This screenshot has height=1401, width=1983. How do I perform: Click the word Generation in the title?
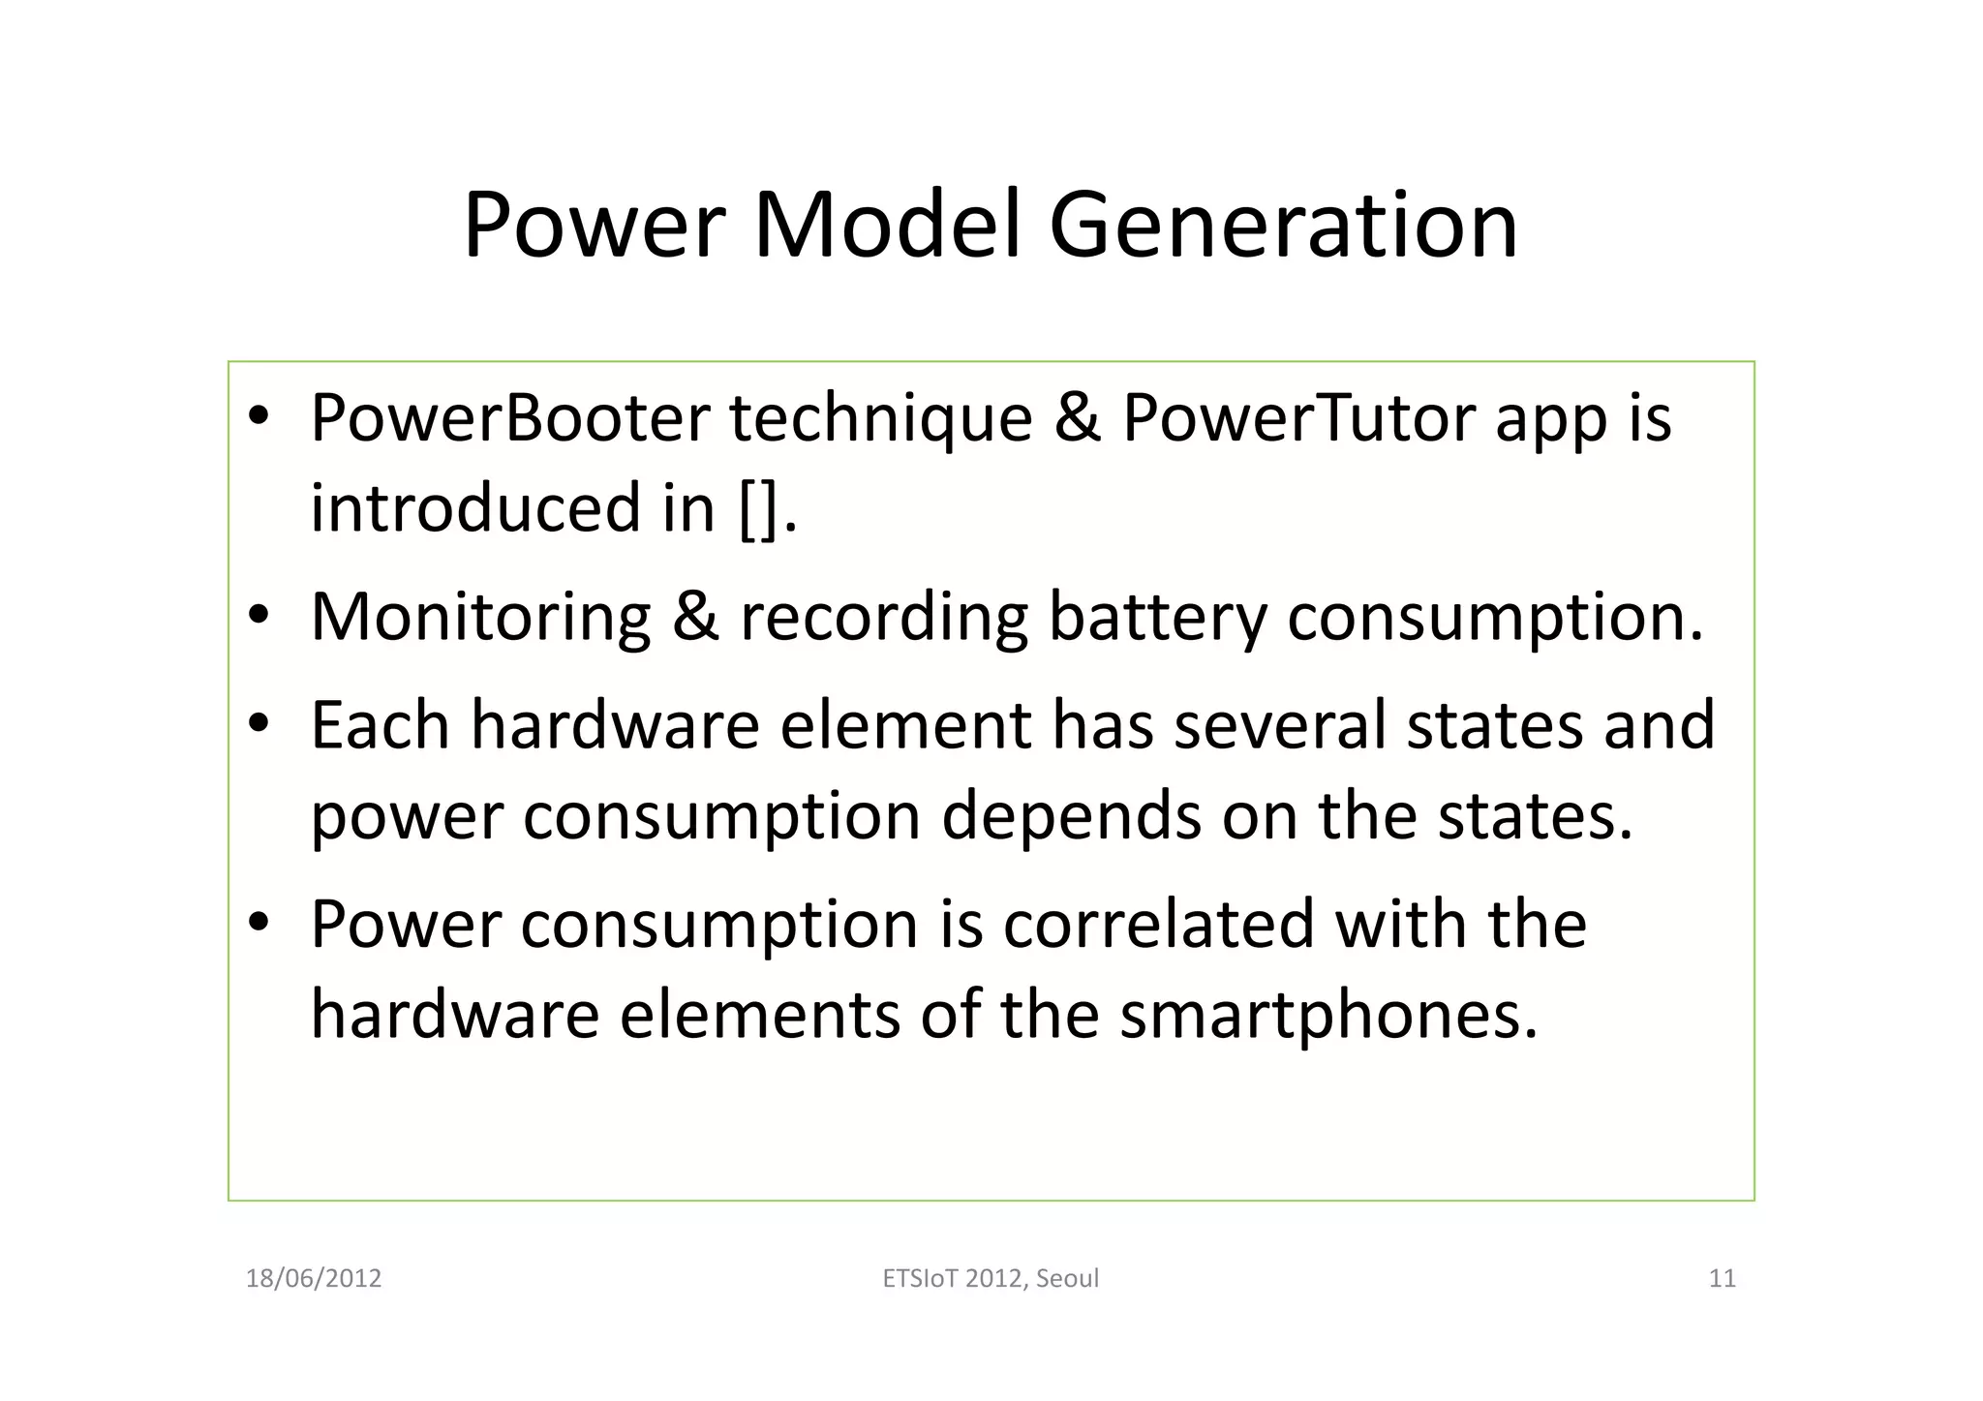pyautogui.click(x=1283, y=226)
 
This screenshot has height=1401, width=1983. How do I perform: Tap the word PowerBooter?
pyautogui.click(x=510, y=418)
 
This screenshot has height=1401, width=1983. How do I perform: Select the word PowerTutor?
pyautogui.click(x=1298, y=418)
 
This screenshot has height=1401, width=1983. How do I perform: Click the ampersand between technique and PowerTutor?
pyautogui.click(x=1077, y=418)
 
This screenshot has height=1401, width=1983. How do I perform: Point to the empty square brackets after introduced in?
pyautogui.click(x=758, y=508)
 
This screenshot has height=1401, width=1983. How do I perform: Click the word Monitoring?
pyautogui.click(x=480, y=617)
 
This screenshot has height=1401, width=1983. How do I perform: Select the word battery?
pyautogui.click(x=1157, y=617)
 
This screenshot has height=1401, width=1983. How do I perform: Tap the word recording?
pyautogui.click(x=883, y=617)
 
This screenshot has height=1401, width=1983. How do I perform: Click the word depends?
pyautogui.click(x=1071, y=815)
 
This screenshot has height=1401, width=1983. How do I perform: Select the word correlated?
pyautogui.click(x=1158, y=924)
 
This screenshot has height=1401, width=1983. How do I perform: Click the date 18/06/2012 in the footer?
pyautogui.click(x=314, y=1278)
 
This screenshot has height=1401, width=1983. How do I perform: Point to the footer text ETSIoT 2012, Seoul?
pyautogui.click(x=991, y=1278)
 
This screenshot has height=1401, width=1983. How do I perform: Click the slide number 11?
pyautogui.click(x=1722, y=1278)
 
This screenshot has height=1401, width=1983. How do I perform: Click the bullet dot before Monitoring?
pyautogui.click(x=258, y=616)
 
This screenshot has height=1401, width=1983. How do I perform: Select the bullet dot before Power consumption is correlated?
pyautogui.click(x=258, y=923)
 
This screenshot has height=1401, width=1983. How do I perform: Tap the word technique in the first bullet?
pyautogui.click(x=880, y=418)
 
